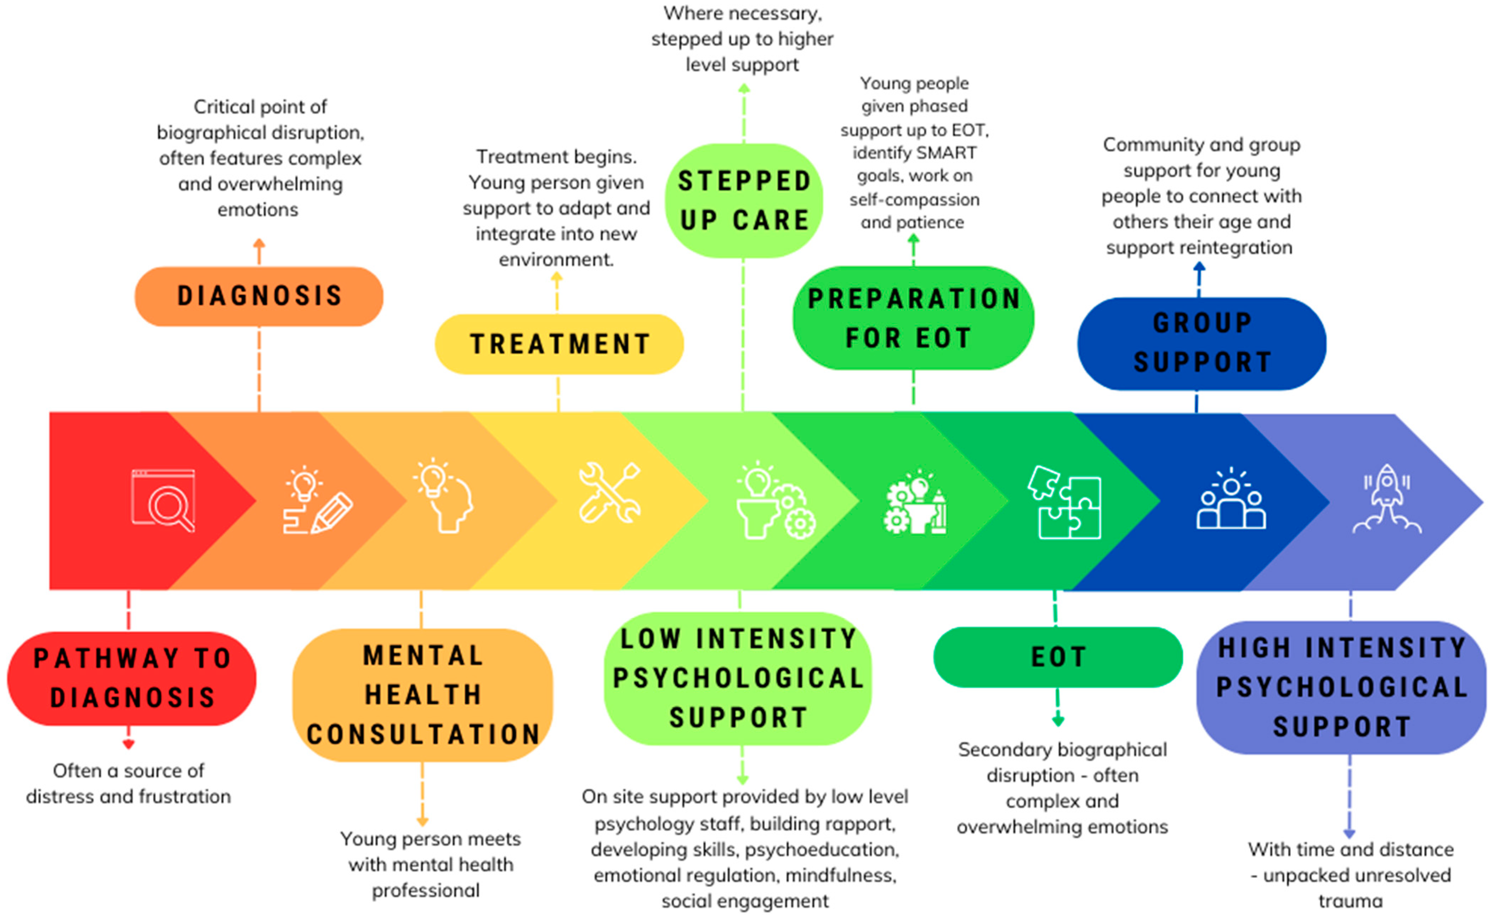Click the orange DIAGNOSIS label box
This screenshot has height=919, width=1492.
259,296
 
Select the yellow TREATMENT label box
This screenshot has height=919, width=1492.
559,344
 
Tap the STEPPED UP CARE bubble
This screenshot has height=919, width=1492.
744,201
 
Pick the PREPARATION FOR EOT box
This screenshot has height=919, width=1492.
913,318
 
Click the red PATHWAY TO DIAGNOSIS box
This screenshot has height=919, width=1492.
131,678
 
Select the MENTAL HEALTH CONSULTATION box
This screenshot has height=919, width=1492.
423,695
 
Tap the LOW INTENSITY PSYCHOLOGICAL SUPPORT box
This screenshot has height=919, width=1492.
738,678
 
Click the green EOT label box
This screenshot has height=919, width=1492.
1058,657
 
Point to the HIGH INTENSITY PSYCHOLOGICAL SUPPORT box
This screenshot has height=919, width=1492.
1341,688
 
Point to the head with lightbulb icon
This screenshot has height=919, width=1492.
444,496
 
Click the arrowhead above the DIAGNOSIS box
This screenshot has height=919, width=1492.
259,243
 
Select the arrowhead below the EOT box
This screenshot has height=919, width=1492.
1058,722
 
